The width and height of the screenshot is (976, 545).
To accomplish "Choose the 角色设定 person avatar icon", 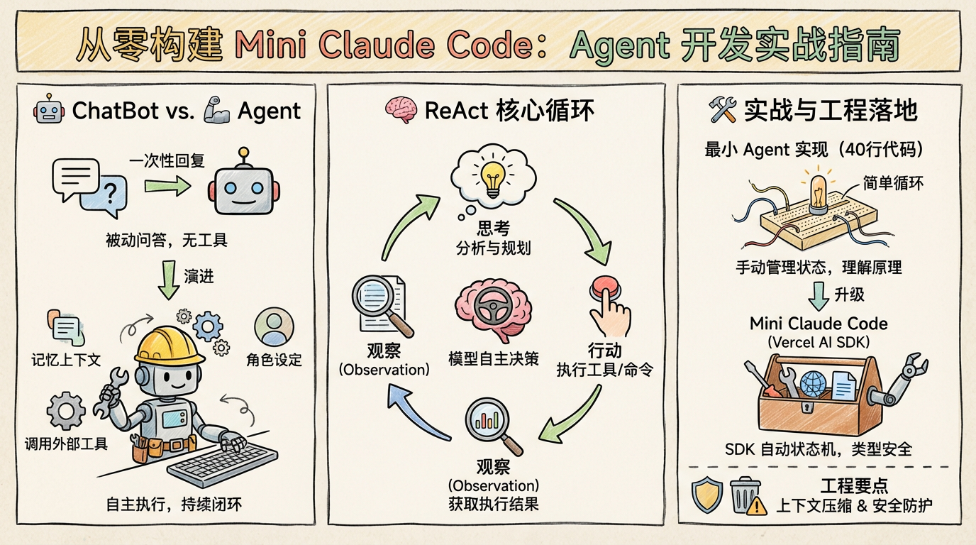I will pos(273,327).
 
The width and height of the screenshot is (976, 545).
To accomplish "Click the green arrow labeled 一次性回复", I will pos(168,185).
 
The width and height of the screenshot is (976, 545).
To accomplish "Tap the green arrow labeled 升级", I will pos(819,294).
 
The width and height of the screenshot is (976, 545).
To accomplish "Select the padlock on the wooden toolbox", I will pos(807,409).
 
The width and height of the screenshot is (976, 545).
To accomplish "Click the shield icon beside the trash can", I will pos(707,494).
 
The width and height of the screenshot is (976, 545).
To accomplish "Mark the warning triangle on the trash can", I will pos(758,506).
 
